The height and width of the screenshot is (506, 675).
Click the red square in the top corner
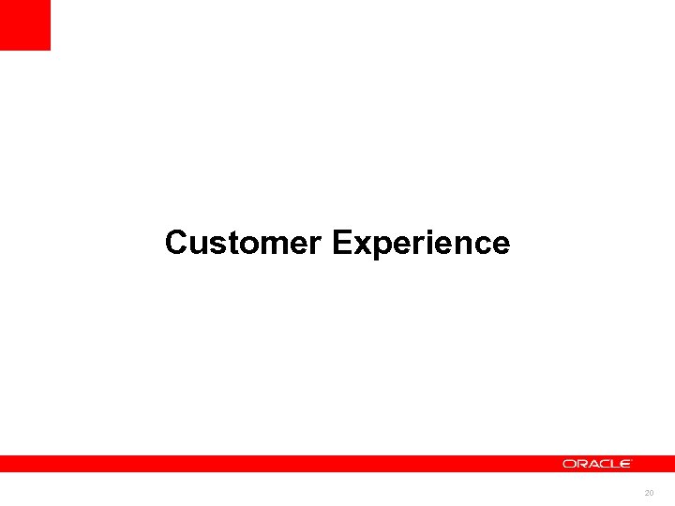click(x=24, y=24)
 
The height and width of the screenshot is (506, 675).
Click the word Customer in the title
click(x=244, y=243)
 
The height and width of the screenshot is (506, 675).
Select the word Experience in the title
click(x=421, y=244)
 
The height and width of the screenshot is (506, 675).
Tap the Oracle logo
click(x=597, y=464)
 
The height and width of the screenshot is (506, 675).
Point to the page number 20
click(x=649, y=493)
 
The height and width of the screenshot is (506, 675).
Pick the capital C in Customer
click(x=175, y=243)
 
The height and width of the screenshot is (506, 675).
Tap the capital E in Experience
click(x=341, y=243)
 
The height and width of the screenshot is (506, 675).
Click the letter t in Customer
click(x=226, y=244)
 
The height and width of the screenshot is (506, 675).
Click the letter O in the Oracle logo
click(x=569, y=464)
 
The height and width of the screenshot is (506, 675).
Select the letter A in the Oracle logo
click(x=591, y=464)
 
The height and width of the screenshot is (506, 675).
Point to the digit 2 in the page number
click(x=646, y=493)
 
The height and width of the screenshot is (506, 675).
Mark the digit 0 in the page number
click(x=652, y=493)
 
